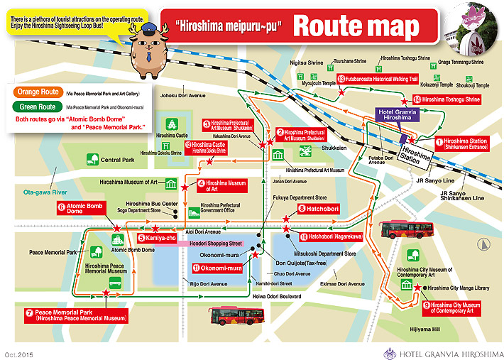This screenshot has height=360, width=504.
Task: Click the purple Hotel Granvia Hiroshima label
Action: [x=400, y=117]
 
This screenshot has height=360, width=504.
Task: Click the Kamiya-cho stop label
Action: [x=157, y=238]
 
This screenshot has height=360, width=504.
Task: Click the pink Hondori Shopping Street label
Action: [x=216, y=243]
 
